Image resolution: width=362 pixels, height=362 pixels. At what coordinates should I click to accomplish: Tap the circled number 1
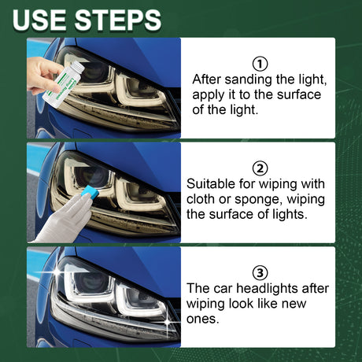pos(260,64)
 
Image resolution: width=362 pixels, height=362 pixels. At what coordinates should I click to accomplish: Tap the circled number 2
pos(260,168)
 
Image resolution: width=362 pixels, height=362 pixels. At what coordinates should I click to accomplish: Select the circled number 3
pos(260,271)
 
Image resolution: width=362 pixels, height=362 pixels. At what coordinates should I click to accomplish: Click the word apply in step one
pos(209,95)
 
